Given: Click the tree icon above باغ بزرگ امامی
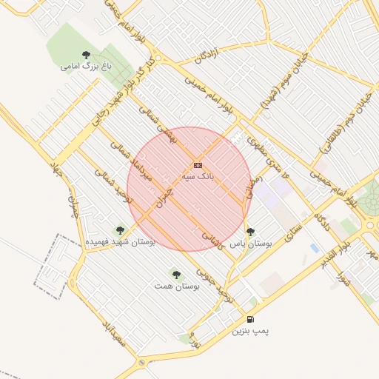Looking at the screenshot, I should coord(87,54).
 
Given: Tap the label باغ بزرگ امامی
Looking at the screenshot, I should coord(87,66).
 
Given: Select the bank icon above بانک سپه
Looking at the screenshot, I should coord(198,165).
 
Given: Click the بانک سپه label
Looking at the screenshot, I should coord(198,178).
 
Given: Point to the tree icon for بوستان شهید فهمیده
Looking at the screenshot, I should coord(121,230).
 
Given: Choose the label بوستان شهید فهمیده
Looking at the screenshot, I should coord(121,242).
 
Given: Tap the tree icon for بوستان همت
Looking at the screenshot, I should coord(175,273).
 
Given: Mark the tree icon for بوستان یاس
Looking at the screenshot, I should coord(250,231).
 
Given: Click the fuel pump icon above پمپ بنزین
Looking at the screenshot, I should coord(250,319).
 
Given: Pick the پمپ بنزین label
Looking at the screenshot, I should coord(250,331).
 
